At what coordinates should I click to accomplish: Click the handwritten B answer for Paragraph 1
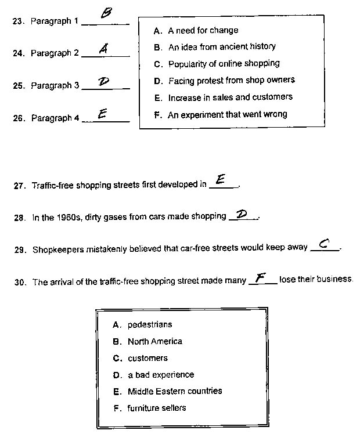pyautogui.click(x=106, y=14)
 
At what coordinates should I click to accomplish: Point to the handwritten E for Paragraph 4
pyautogui.click(x=102, y=114)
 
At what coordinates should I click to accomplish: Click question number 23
pyautogui.click(x=17, y=21)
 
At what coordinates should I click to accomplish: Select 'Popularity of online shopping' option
pyautogui.click(x=224, y=63)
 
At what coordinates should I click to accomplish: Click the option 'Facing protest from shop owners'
pyautogui.click(x=231, y=80)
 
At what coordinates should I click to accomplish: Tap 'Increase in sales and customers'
pyautogui.click(x=230, y=97)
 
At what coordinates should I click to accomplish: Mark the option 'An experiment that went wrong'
pyautogui.click(x=227, y=114)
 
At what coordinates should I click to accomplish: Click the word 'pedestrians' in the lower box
pyautogui.click(x=150, y=324)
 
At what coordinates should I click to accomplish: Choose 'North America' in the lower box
pyautogui.click(x=154, y=341)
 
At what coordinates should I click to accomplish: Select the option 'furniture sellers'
pyautogui.click(x=157, y=408)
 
